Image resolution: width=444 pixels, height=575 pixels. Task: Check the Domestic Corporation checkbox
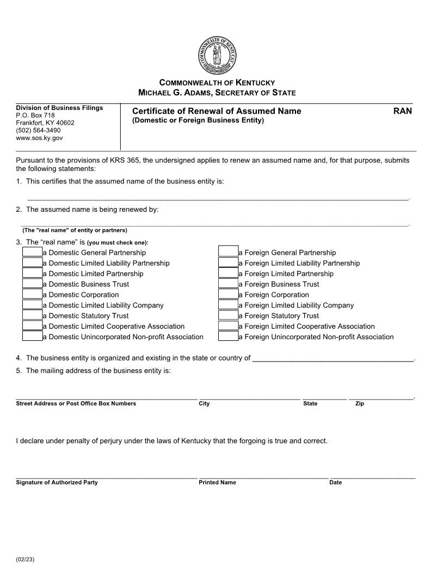(32, 295)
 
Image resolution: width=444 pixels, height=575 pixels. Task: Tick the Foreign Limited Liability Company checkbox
(228, 305)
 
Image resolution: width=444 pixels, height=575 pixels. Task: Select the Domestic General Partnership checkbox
(32, 252)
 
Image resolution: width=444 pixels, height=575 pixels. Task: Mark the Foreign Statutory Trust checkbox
(228, 316)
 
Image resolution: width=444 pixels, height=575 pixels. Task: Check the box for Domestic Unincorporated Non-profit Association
(32, 337)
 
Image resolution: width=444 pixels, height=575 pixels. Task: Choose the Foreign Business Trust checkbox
(228, 284)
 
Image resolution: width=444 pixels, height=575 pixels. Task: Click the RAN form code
(403, 111)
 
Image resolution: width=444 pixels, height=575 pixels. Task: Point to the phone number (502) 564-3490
(38, 131)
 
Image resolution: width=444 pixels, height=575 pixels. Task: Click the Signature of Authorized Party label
(57, 482)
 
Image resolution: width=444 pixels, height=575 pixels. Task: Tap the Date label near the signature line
(335, 482)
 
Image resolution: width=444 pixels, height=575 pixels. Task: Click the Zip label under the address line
(360, 403)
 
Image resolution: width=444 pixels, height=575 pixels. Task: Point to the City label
(204, 403)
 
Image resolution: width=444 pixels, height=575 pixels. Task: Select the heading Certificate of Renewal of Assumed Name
(217, 111)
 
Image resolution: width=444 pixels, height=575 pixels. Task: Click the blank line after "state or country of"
(333, 358)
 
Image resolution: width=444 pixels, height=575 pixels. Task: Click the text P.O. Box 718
(35, 115)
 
